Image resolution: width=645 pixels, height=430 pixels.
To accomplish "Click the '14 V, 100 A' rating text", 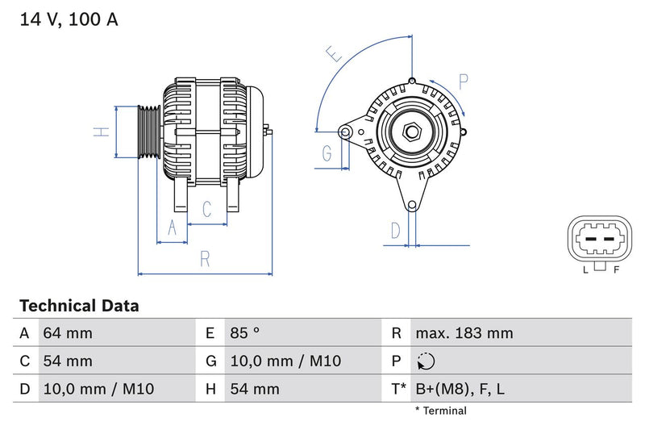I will pyautogui.click(x=69, y=20).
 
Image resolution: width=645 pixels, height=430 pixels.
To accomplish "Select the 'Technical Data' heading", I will pyautogui.click(x=79, y=306).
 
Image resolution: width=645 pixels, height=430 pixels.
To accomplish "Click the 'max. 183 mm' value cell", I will pyautogui.click(x=464, y=333).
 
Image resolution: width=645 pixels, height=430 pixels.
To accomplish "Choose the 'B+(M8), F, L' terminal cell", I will pyautogui.click(x=460, y=389).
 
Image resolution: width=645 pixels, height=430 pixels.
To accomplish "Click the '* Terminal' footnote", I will pyautogui.click(x=440, y=411).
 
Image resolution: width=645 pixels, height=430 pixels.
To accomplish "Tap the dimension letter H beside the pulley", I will pyautogui.click(x=100, y=131).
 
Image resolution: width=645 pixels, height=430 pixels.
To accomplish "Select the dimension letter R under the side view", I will pyautogui.click(x=205, y=259).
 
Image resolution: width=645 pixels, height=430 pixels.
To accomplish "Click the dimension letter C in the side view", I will pyautogui.click(x=206, y=210).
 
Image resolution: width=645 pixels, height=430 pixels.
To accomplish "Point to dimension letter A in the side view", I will pyautogui.click(x=171, y=229).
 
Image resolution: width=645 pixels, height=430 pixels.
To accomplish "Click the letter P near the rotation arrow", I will pyautogui.click(x=464, y=81).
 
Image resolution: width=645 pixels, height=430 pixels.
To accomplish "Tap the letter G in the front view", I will pyautogui.click(x=327, y=153).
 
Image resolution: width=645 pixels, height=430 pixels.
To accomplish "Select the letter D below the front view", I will pyautogui.click(x=395, y=231).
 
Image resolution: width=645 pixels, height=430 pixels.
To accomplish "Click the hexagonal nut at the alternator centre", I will pyautogui.click(x=411, y=131).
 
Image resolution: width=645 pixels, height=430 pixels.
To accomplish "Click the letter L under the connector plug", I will pyautogui.click(x=585, y=269).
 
